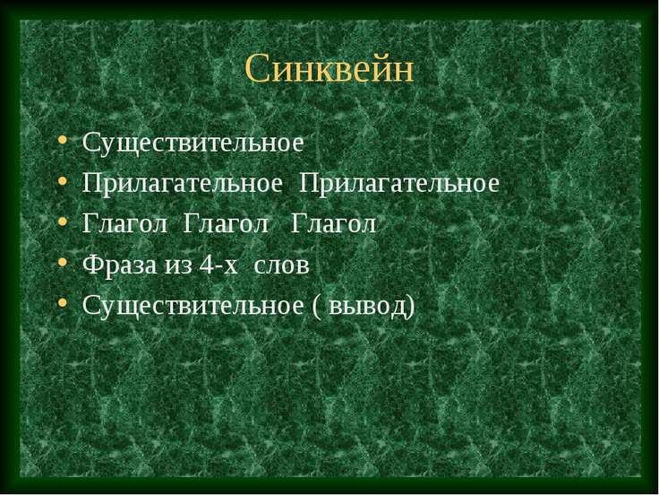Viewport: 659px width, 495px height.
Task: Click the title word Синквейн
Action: coord(329,69)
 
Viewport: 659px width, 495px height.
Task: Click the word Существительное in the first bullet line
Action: coord(193,143)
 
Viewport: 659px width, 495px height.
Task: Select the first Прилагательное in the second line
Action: coord(184,184)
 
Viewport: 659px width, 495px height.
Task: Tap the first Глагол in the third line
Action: coord(126,225)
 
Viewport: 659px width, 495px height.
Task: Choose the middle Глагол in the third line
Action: coord(227,225)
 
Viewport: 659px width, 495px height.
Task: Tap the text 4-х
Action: coord(212,266)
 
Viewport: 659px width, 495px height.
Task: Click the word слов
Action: coord(282,266)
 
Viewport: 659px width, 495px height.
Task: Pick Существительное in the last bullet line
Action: coord(193,308)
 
